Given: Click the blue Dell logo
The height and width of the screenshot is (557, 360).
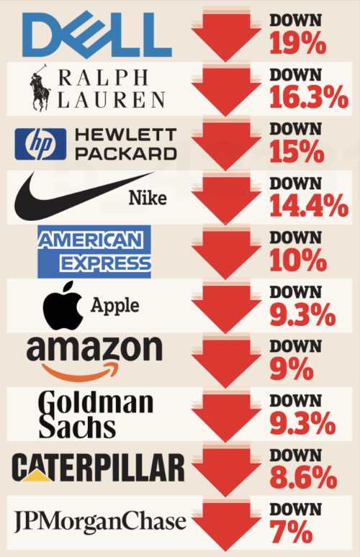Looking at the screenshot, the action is click(96, 35).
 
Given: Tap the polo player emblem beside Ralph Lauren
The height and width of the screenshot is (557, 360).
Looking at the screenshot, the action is click(40, 87).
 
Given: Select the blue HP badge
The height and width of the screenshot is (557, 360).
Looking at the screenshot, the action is click(40, 144).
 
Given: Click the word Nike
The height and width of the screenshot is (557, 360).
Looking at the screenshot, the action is click(148, 197).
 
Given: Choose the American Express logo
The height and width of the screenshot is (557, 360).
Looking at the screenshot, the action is click(94, 251).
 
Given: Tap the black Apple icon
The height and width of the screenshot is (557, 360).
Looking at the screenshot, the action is click(63, 306).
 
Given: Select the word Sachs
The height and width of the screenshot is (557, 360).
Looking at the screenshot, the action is click(77, 427).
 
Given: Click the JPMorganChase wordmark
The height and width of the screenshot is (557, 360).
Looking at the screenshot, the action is click(100, 522).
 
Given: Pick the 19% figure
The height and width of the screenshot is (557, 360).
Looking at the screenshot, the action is click(297, 43).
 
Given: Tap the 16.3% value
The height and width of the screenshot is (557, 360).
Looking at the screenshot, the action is click(308, 97).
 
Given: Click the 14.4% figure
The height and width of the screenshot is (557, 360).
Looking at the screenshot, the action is click(308, 206).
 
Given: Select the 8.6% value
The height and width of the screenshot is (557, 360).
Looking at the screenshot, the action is click(303, 478).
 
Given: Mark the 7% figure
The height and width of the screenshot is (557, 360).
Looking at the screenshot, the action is click(291, 532).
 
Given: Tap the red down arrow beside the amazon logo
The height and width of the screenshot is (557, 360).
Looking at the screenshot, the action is click(226, 363).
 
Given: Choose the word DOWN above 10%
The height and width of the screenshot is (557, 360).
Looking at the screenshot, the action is click(295, 237).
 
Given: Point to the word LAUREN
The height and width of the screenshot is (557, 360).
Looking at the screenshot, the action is click(111, 100).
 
